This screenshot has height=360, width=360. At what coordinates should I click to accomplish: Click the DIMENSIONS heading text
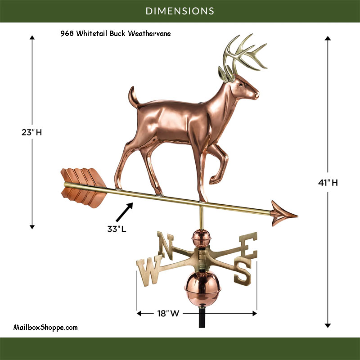[180, 10]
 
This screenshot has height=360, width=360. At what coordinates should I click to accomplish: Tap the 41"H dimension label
[328, 183]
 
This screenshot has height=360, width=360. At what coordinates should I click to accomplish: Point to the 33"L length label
[117, 229]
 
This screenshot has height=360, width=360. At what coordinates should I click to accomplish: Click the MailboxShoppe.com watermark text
[46, 328]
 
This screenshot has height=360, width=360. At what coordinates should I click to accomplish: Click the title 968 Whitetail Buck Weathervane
[116, 33]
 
